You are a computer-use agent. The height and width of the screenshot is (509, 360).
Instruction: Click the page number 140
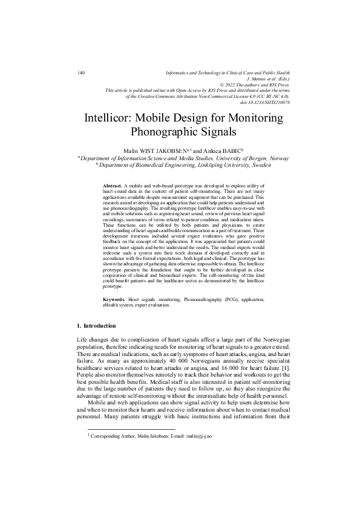click(x=81, y=73)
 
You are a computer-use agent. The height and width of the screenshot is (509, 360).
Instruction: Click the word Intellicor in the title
click(x=112, y=118)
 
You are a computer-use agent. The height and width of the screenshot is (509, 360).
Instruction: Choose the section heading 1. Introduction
click(x=99, y=326)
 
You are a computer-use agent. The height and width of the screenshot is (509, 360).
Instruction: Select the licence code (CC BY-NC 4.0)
click(x=266, y=96)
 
